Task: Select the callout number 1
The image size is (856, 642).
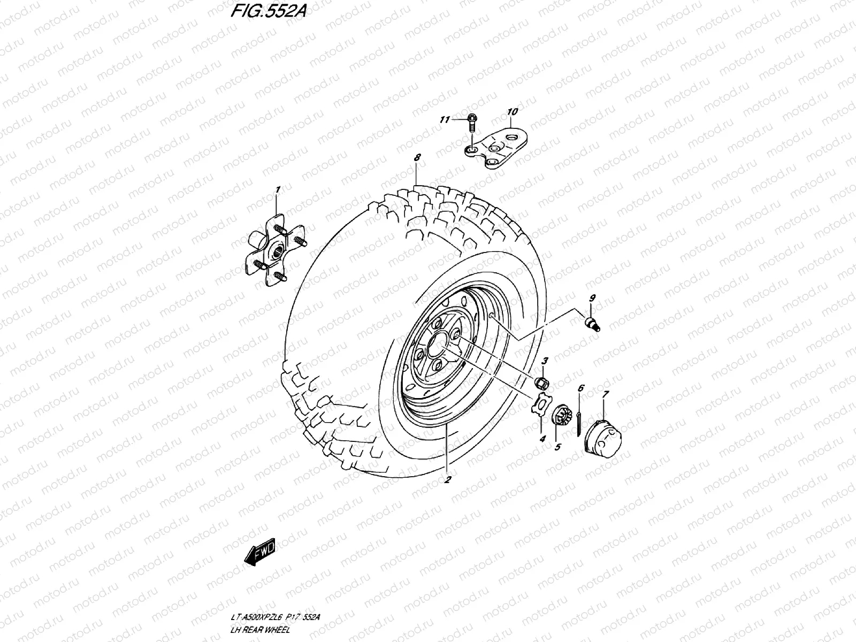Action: (x=278, y=189)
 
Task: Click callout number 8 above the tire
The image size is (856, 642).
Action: (x=417, y=157)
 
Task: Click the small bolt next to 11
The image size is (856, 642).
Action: (x=472, y=124)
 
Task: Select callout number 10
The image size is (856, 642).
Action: (x=512, y=112)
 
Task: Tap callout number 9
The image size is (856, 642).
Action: (x=592, y=297)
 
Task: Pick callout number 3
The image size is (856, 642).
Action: (x=544, y=361)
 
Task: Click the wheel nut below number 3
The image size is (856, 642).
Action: (x=541, y=381)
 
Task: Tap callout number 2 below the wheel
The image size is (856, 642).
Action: (x=448, y=479)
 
